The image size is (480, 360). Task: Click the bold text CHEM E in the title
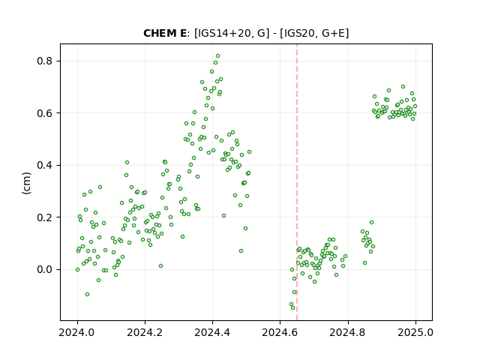[x=165, y=33]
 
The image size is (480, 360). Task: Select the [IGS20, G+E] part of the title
[x=314, y=33]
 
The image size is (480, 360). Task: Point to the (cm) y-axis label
[x=27, y=183]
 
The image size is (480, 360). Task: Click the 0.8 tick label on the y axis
[x=45, y=61]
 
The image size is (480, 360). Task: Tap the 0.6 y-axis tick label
[x=45, y=113]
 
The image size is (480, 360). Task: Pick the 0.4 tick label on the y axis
[x=45, y=165]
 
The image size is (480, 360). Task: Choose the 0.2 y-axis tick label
[x=45, y=217]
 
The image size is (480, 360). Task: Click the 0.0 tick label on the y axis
[x=45, y=269]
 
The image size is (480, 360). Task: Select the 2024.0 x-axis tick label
[x=76, y=332]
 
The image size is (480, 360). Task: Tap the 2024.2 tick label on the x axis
[x=145, y=332]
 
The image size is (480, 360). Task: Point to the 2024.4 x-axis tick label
[x=212, y=332]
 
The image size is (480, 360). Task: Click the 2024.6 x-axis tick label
[x=280, y=332]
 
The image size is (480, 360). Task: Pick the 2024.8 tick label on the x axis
[x=348, y=332]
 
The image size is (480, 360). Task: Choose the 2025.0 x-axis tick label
[x=415, y=332]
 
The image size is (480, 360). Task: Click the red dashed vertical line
[x=297, y=182]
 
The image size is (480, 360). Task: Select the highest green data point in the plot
[x=217, y=56]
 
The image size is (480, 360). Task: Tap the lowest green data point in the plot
[x=292, y=307]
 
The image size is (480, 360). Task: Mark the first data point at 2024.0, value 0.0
[x=77, y=270]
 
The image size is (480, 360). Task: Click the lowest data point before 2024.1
[x=87, y=295]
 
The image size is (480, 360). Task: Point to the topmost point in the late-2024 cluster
[x=403, y=87]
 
